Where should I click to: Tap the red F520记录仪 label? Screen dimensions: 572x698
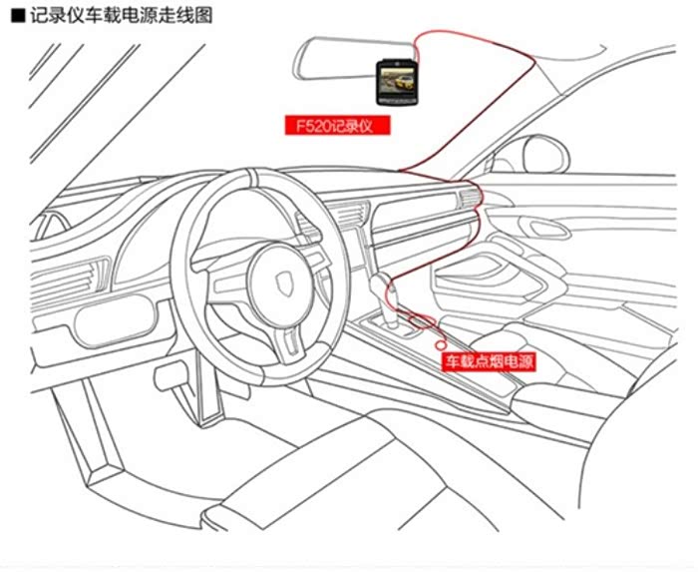pos(335,126)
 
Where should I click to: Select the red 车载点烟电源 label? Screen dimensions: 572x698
pos(488,361)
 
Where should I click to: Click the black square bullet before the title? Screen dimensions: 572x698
pos(15,15)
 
